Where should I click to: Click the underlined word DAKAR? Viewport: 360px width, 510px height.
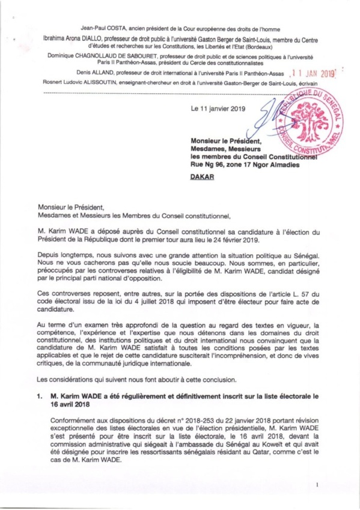point(203,177)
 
